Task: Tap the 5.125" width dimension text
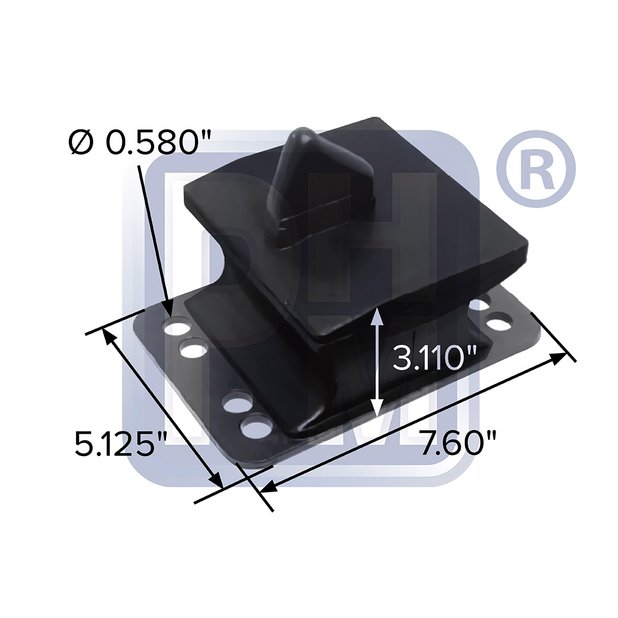(x=121, y=443)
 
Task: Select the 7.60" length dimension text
(x=458, y=442)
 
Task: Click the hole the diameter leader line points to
(x=177, y=327)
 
